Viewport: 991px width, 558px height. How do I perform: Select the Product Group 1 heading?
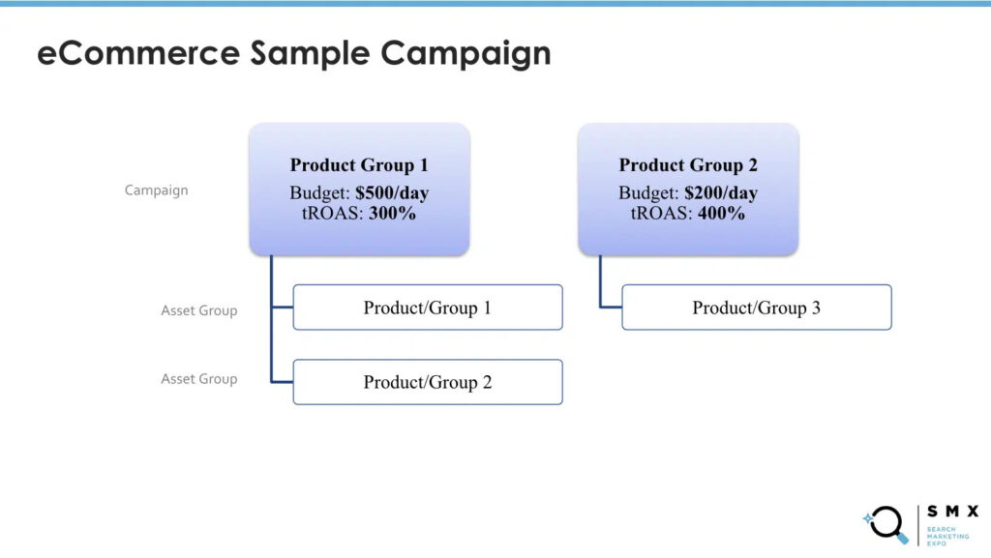click(359, 165)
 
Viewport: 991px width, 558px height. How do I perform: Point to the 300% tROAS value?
click(392, 214)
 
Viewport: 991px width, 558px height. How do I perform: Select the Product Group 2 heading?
click(688, 165)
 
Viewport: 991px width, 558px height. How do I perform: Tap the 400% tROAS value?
click(721, 214)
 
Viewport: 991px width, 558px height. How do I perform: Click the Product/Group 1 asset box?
click(428, 308)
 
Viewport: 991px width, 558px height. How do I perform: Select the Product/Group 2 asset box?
click(428, 382)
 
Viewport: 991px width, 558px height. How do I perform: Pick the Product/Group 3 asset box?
click(756, 308)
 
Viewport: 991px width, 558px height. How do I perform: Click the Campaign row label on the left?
click(157, 191)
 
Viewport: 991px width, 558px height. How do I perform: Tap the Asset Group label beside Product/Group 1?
click(198, 310)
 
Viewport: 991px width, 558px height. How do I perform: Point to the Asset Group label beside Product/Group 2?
click(198, 379)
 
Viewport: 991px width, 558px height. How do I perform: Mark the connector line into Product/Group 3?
click(610, 307)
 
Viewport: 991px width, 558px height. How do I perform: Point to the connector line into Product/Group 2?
click(281, 381)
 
